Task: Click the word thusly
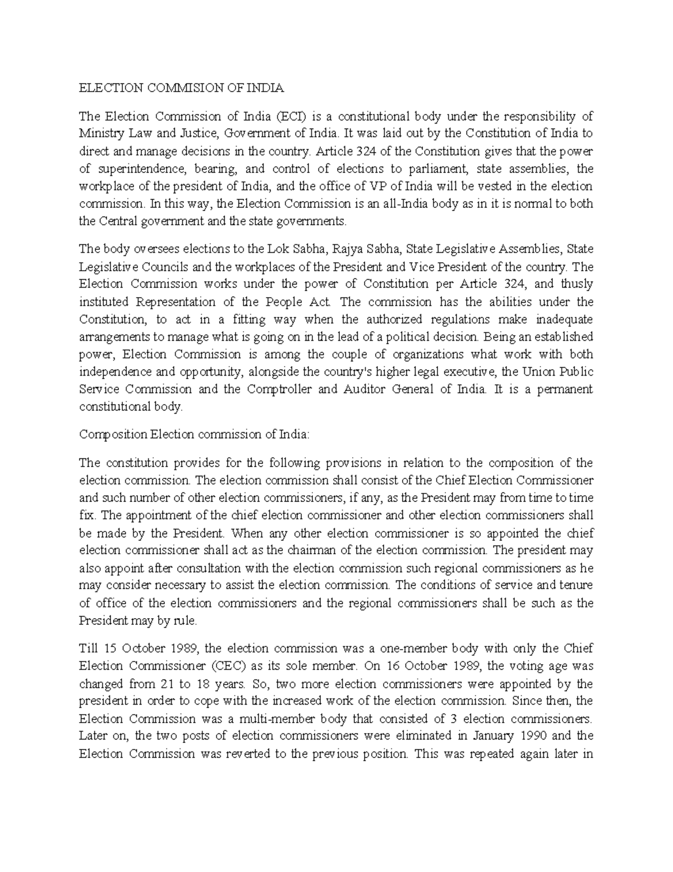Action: [576, 284]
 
